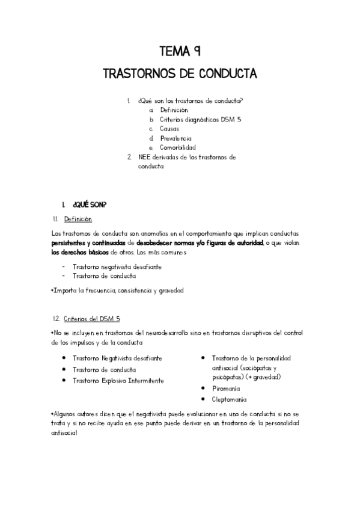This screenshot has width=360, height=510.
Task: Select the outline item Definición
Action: [174, 110]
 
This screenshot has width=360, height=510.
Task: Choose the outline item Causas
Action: [169, 129]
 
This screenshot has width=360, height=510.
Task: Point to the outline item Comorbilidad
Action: [177, 147]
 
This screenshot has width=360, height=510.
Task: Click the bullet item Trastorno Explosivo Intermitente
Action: [118, 381]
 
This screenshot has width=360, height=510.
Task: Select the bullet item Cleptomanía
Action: [229, 399]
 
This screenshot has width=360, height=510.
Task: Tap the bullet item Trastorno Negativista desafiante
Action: [117, 358]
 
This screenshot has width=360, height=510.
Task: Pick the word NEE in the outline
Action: [143, 157]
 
